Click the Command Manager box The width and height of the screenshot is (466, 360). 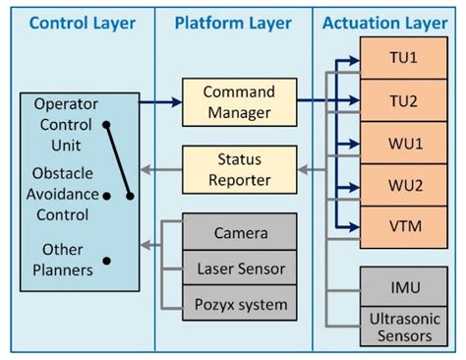pyautogui.click(x=238, y=101)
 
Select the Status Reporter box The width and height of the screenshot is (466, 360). pyautogui.click(x=238, y=169)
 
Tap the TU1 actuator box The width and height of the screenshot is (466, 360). pyautogui.click(x=403, y=58)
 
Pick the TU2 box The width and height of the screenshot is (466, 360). pyautogui.click(x=403, y=100)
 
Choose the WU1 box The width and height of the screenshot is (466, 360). pyautogui.click(x=403, y=143)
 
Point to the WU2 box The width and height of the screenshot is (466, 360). pyautogui.click(x=403, y=185)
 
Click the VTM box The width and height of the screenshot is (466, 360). pyautogui.click(x=403, y=226)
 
